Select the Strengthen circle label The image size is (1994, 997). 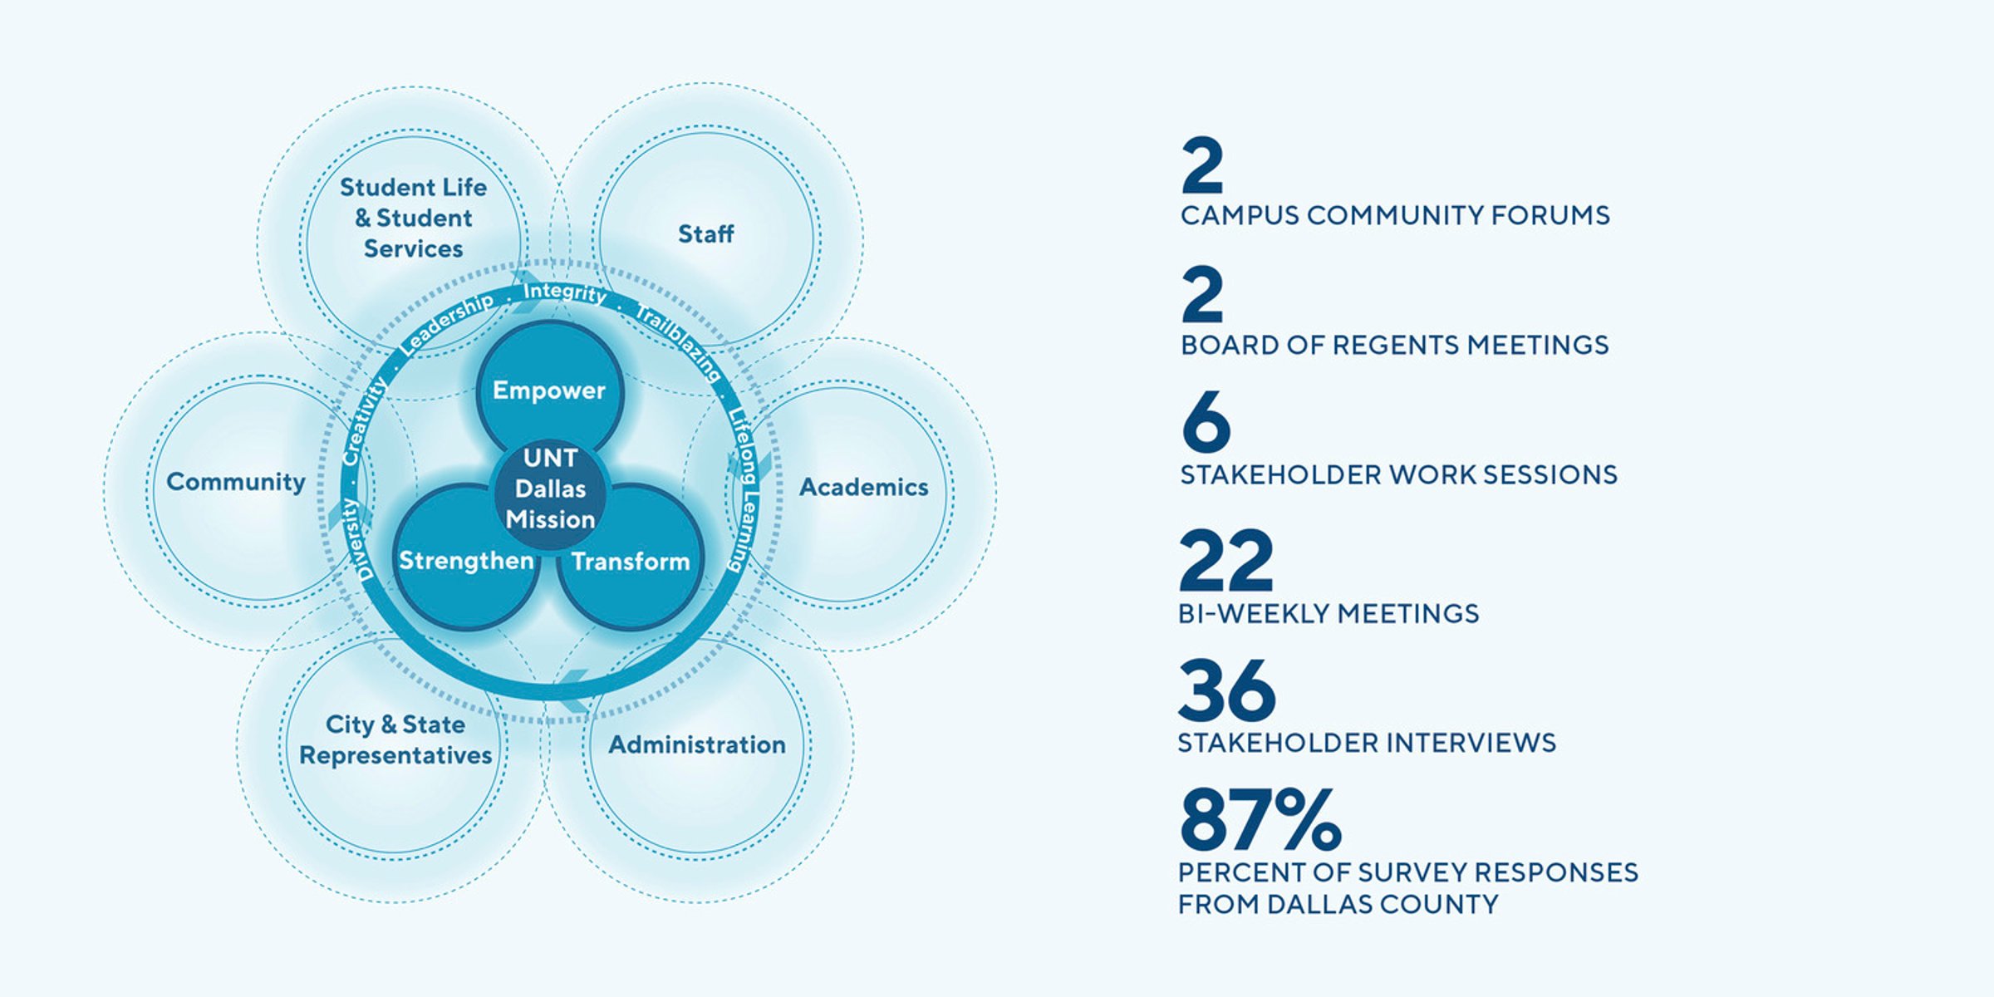[x=466, y=561]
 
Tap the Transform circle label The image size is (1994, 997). [x=631, y=562]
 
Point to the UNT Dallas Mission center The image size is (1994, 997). [x=550, y=489]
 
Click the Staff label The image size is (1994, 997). [x=705, y=234]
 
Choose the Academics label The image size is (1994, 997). [x=863, y=487]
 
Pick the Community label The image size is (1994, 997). [x=236, y=482]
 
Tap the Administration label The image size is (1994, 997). [x=697, y=744]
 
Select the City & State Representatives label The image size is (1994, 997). [x=395, y=739]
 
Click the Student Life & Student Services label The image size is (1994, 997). [x=413, y=218]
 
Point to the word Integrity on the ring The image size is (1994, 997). [x=565, y=292]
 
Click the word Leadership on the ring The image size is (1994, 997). [x=446, y=324]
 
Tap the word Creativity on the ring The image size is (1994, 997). [x=365, y=421]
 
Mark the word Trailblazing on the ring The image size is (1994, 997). [x=678, y=341]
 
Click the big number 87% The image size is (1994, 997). [x=1260, y=820]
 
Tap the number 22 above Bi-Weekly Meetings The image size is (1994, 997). [x=1225, y=560]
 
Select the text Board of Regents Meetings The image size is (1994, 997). [x=1395, y=345]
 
